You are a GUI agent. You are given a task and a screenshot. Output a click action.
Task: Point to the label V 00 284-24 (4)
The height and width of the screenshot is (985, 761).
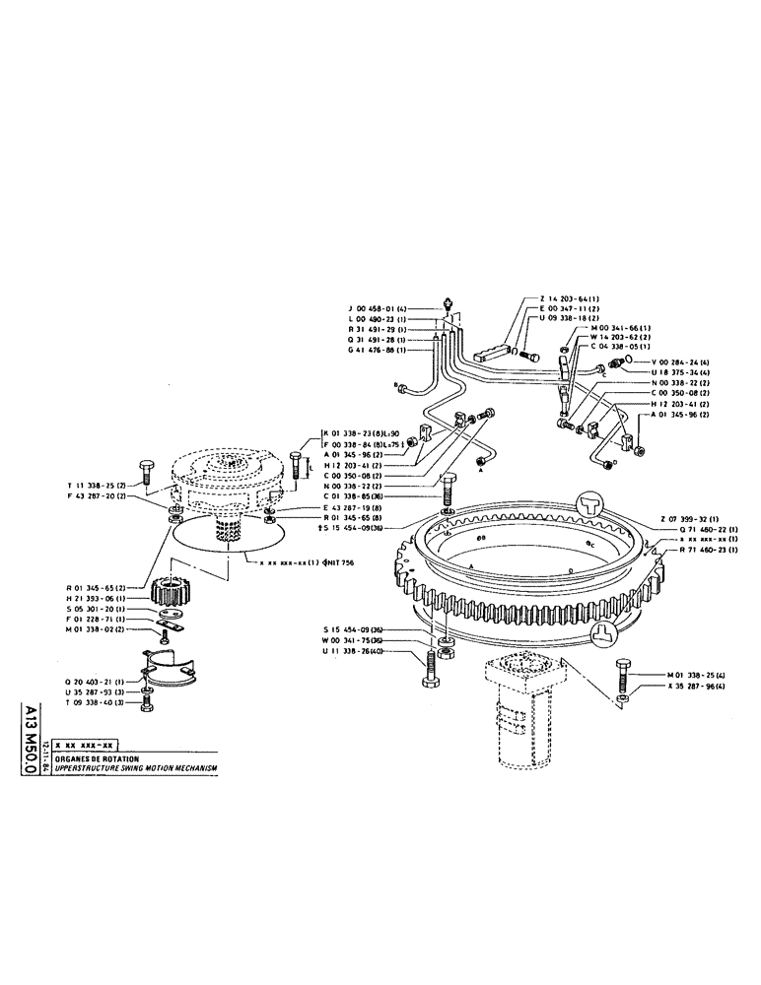(671, 361)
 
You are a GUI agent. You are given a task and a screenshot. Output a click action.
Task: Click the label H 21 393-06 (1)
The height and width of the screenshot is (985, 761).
(97, 599)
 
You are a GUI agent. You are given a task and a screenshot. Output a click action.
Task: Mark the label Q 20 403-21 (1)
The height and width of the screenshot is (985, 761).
(97, 680)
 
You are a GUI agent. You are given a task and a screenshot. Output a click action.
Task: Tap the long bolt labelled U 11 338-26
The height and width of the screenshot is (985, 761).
(431, 670)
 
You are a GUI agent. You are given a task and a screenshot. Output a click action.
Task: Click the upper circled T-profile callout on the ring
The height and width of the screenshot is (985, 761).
(595, 503)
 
